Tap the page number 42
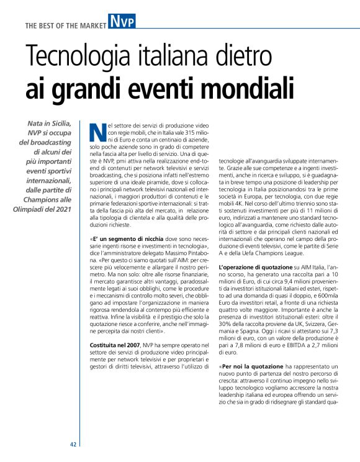73,445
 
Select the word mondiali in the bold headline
249,88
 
